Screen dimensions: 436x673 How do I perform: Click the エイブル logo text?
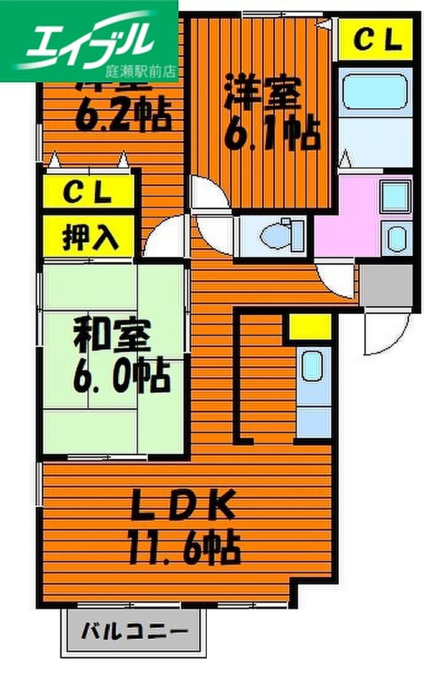[87, 39]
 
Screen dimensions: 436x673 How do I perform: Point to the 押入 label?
[89, 237]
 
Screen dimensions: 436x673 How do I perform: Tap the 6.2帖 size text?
[123, 115]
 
